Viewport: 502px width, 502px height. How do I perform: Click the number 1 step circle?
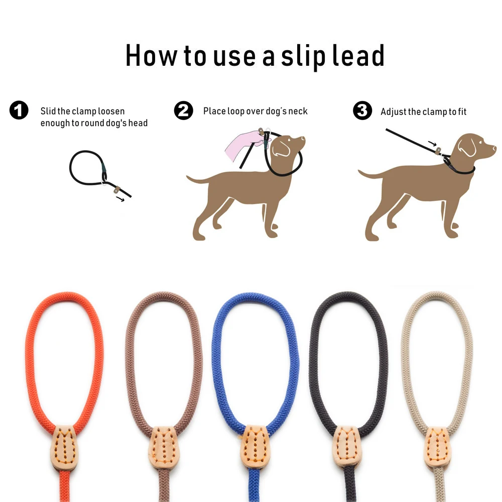coord(19,110)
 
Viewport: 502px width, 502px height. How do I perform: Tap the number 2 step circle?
coord(183,110)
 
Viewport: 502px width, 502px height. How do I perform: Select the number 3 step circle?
coord(362,110)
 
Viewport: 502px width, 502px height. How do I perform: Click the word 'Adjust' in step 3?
coord(394,111)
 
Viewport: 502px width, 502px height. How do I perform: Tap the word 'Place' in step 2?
coord(214,111)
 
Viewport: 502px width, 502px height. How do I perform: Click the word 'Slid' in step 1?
coord(49,111)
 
